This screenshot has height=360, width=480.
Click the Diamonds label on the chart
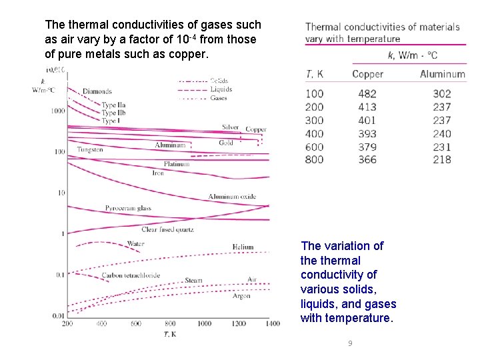point(97,91)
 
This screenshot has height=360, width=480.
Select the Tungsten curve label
point(90,150)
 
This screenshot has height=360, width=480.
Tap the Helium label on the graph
point(243,247)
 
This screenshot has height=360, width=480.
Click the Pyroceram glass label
point(128,208)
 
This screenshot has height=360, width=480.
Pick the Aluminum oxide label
point(232,197)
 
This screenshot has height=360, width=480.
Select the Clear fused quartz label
point(167,229)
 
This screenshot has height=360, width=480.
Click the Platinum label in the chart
point(176,163)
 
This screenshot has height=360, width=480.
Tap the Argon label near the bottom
point(241,296)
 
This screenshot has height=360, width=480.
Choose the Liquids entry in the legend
point(221,89)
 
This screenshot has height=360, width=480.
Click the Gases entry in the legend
point(219,98)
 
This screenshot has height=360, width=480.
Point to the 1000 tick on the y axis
point(58,111)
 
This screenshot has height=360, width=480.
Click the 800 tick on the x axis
point(170,323)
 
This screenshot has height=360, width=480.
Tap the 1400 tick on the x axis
point(273,323)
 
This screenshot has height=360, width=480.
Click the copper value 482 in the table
point(367,94)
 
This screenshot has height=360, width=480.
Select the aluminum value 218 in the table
point(441,159)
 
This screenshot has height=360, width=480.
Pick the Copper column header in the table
point(367,74)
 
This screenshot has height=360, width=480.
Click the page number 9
point(349,343)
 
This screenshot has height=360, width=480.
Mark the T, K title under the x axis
point(170,333)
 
